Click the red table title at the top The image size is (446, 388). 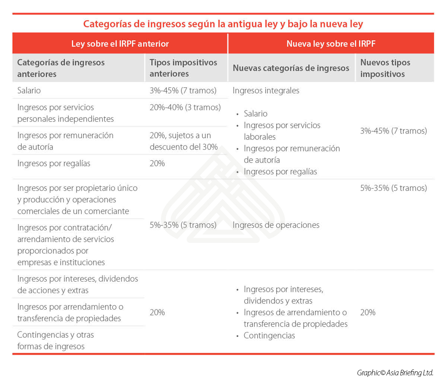pos(223,24)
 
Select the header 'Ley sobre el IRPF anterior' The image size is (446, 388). pos(120,44)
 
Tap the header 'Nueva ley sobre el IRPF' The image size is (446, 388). pos(331,44)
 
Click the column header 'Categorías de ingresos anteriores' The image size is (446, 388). pos(61,68)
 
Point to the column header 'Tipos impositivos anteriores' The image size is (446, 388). pos(183,68)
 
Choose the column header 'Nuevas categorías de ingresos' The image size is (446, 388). pos(291,68)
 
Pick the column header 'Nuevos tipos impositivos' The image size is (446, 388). pos(385,68)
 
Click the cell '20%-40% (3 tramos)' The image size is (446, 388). pos(185,108)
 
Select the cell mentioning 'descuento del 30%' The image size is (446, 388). pos(184,141)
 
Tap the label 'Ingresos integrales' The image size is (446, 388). pos(266,90)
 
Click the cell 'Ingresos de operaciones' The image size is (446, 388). pos(276,225)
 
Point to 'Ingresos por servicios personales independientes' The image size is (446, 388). pos(65,113)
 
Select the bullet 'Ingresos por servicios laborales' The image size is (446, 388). pos(282,131)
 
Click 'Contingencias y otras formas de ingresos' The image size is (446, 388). pos(55,340)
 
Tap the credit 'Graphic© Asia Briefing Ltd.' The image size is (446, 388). pos(395,373)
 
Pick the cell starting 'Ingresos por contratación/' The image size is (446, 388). pos(65,245)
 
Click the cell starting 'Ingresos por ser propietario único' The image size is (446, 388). pos(77,199)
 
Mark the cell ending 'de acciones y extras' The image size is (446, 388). pos(77,284)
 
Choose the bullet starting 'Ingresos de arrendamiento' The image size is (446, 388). pos(295,318)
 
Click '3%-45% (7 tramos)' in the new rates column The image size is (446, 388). pos(393,131)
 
